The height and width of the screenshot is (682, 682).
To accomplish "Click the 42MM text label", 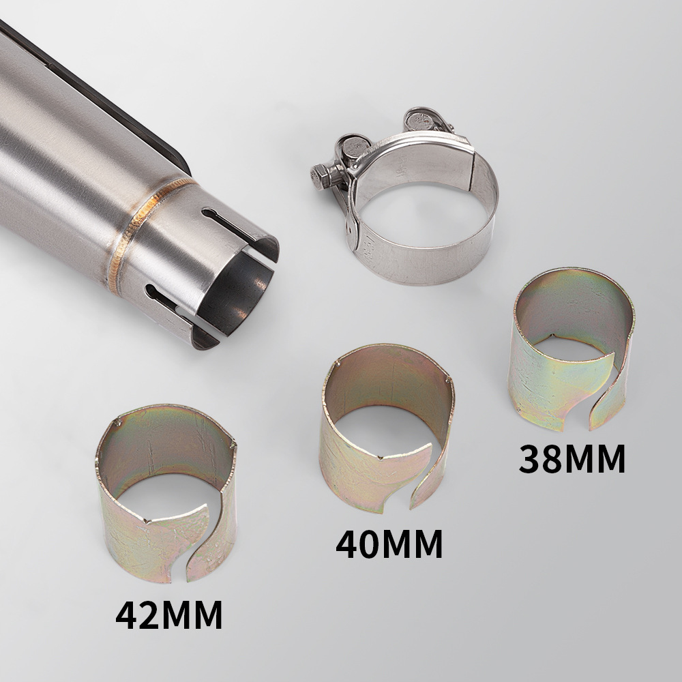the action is [x=169, y=615].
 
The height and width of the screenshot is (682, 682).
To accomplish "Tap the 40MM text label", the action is [x=389, y=544].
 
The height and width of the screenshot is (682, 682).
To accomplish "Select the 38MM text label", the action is [x=572, y=459].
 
